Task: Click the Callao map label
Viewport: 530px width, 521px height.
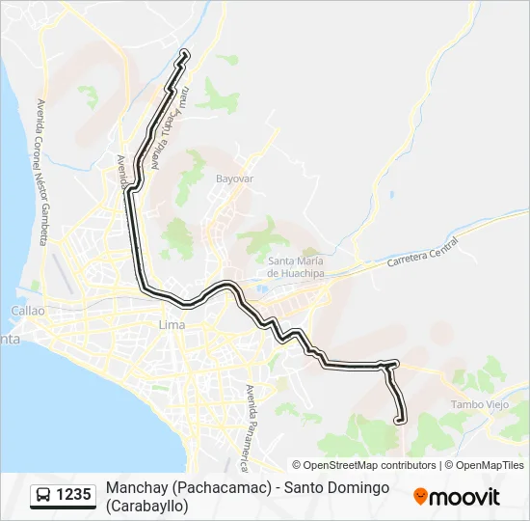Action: click(27, 311)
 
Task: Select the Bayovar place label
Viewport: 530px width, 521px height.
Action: click(234, 179)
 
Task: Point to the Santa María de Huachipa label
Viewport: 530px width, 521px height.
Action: click(295, 267)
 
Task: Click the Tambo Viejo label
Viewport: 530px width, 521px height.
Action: click(479, 405)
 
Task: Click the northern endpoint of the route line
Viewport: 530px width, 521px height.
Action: click(184, 53)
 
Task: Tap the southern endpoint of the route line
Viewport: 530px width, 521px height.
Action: click(401, 419)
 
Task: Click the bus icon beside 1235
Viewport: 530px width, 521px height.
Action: click(44, 496)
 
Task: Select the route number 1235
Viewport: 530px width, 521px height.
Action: click(73, 496)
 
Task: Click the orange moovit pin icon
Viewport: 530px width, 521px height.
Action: click(420, 497)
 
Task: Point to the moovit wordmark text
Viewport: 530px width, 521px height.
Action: click(464, 497)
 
